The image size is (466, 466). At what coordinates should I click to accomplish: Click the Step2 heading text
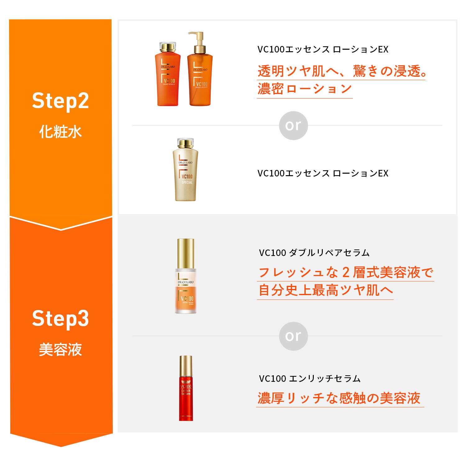tap(61, 101)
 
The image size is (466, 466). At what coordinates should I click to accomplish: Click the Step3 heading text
tap(61, 318)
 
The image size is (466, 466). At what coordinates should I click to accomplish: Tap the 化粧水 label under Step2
tap(61, 132)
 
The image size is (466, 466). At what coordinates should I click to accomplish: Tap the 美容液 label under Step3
tap(61, 349)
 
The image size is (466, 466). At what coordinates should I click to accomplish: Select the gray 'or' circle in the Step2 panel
tap(293, 126)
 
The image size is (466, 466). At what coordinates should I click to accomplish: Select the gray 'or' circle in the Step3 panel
tap(293, 336)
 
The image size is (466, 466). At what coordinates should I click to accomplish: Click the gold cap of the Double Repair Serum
tap(185, 253)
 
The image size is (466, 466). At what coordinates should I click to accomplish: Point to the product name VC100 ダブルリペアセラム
tap(314, 253)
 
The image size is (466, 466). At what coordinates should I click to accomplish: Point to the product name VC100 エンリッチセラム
tap(310, 378)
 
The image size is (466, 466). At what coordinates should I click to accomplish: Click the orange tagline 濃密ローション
tap(304, 89)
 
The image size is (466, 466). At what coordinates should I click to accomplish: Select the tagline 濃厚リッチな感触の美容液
tap(339, 398)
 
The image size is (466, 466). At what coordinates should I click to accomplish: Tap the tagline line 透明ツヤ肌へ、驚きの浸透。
tap(342, 71)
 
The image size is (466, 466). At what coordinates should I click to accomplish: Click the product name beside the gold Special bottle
tap(323, 173)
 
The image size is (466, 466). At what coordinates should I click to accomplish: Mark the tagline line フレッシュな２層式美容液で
tap(345, 272)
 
